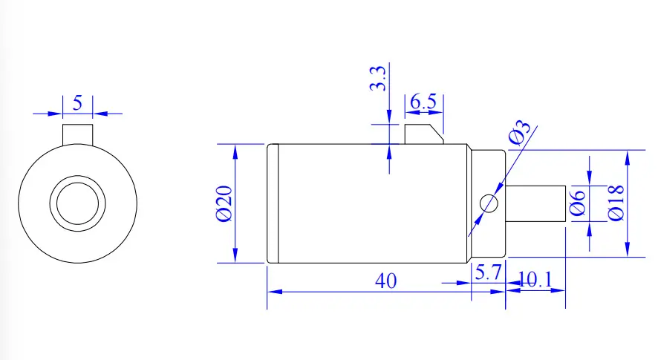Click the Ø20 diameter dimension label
click(224, 203)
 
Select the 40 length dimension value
click(385, 281)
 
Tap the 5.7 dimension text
click(488, 272)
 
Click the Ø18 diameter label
click(616, 203)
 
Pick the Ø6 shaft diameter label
click(578, 203)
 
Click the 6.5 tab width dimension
click(423, 102)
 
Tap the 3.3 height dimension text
click(378, 78)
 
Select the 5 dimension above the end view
click(78, 102)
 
